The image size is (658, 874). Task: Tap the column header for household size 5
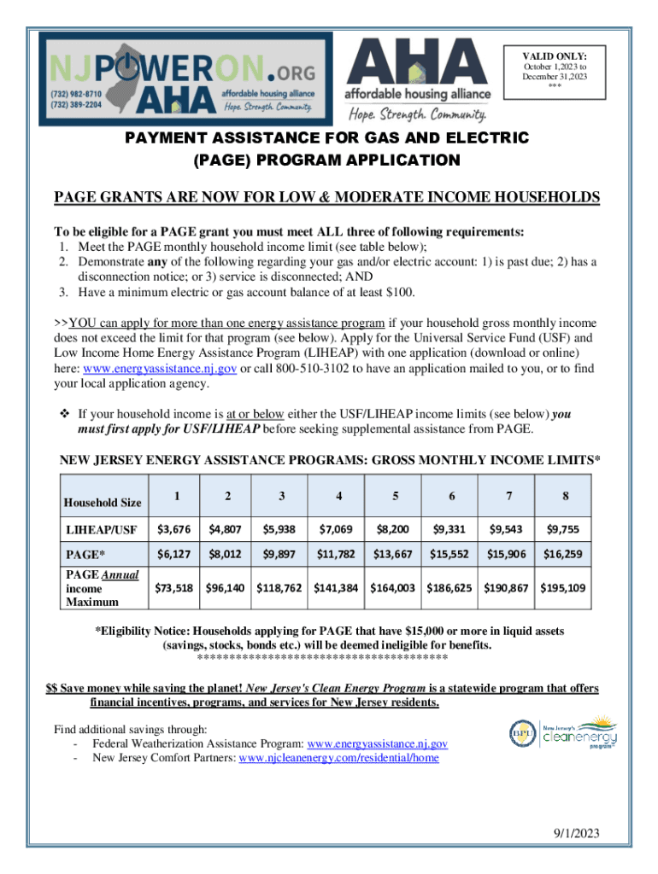[x=394, y=497]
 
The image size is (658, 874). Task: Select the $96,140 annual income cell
[x=226, y=588]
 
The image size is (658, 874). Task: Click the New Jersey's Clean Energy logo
[x=564, y=731]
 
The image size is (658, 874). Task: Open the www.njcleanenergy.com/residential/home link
[x=339, y=758]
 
